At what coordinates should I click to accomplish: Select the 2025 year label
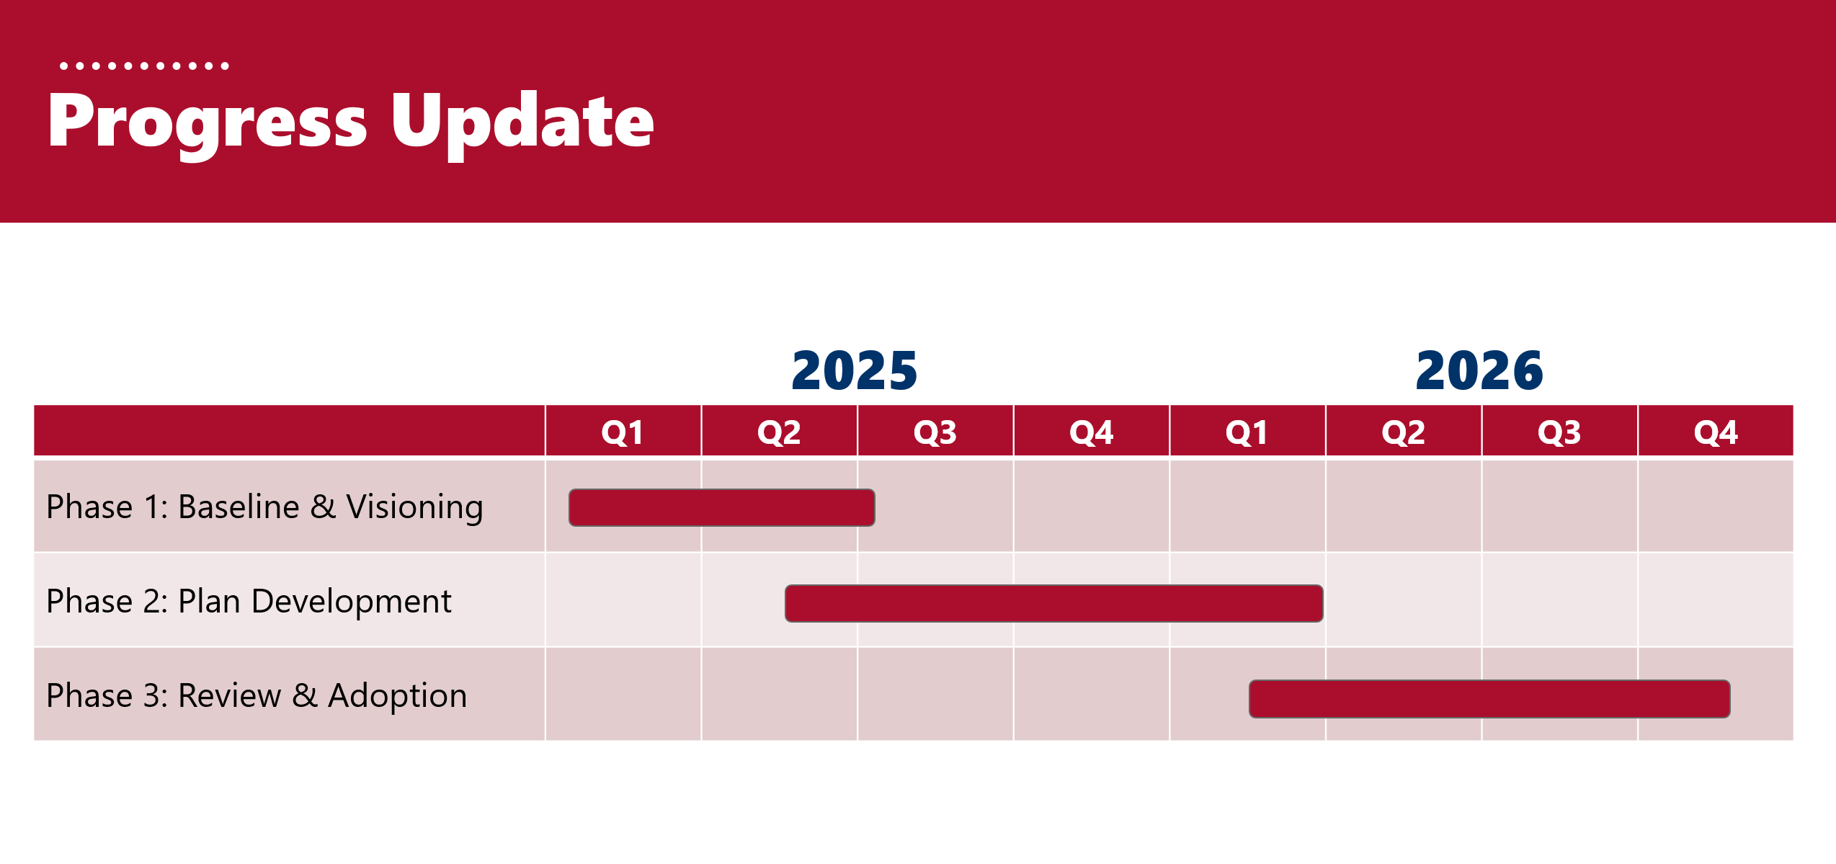[x=855, y=371]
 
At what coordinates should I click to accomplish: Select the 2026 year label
[x=1479, y=371]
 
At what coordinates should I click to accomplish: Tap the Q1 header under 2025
[x=623, y=432]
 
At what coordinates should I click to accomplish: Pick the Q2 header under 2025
[x=779, y=432]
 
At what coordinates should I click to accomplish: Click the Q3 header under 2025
[x=935, y=432]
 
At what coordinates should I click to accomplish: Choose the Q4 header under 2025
[x=1092, y=432]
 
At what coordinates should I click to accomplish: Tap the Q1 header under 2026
[x=1247, y=432]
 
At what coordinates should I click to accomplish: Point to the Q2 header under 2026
[x=1404, y=432]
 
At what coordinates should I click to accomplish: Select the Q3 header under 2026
[x=1559, y=432]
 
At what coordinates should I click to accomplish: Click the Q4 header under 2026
[x=1716, y=432]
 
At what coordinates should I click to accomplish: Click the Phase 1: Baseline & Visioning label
[x=264, y=507]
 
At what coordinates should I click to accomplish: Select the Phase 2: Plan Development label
[x=249, y=602]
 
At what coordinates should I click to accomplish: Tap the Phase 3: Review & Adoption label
[x=257, y=696]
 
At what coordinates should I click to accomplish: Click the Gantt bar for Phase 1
[x=722, y=508]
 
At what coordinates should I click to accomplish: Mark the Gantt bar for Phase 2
[x=1054, y=603]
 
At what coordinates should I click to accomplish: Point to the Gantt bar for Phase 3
[x=1489, y=699]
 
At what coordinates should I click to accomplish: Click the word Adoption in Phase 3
[x=398, y=696]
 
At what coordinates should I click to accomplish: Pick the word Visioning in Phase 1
[x=415, y=507]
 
